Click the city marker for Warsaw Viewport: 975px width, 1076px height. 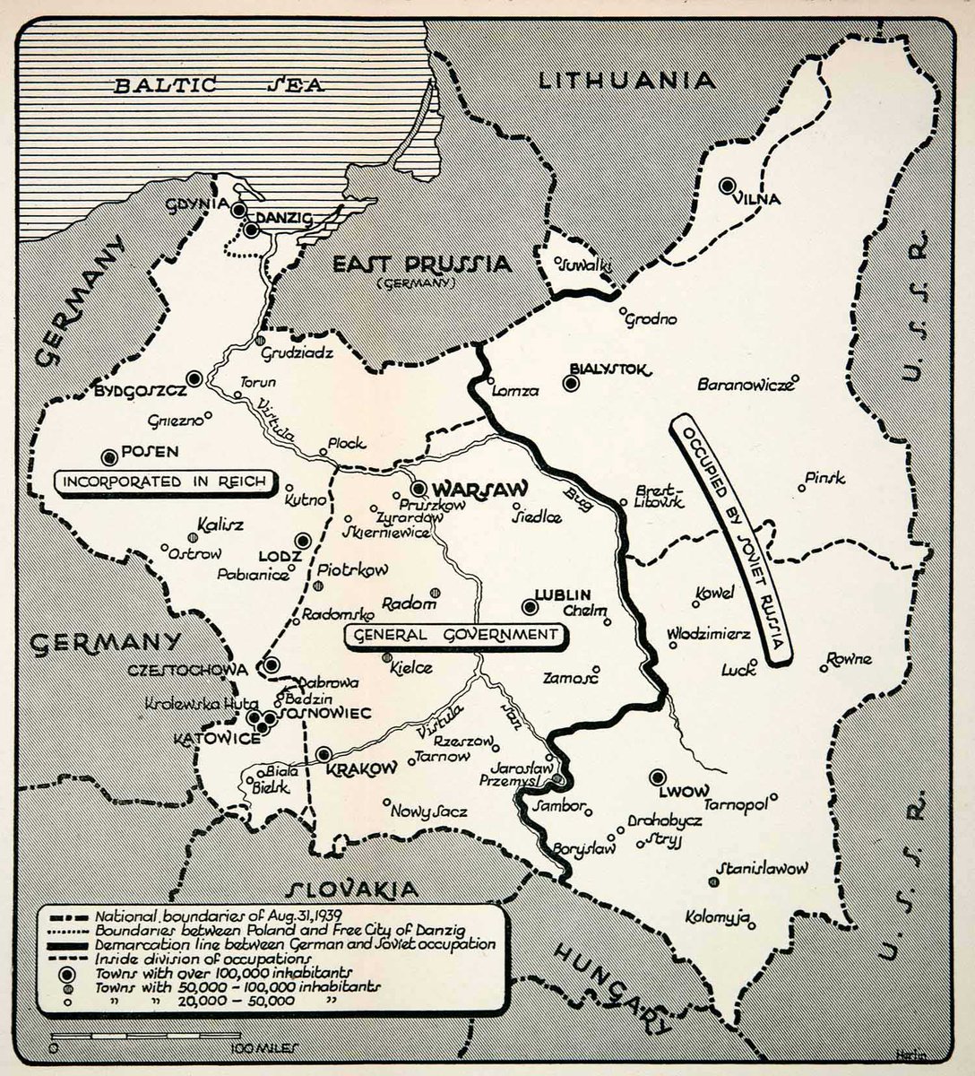[x=419, y=489]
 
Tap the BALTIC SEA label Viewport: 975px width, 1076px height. [x=219, y=86]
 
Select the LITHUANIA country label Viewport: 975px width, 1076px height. [x=626, y=81]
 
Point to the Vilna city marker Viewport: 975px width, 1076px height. [x=728, y=186]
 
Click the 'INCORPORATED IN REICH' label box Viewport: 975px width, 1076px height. [x=165, y=482]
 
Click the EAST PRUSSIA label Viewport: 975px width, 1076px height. [x=421, y=265]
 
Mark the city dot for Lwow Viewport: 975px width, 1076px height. [x=659, y=777]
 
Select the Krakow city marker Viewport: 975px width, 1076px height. [x=324, y=754]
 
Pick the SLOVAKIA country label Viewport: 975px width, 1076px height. [x=351, y=889]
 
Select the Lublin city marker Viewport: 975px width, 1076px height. [x=531, y=607]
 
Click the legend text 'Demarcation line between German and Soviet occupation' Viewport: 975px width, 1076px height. [x=295, y=943]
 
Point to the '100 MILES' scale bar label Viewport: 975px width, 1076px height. [x=263, y=1047]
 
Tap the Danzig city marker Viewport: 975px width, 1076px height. [x=252, y=230]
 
